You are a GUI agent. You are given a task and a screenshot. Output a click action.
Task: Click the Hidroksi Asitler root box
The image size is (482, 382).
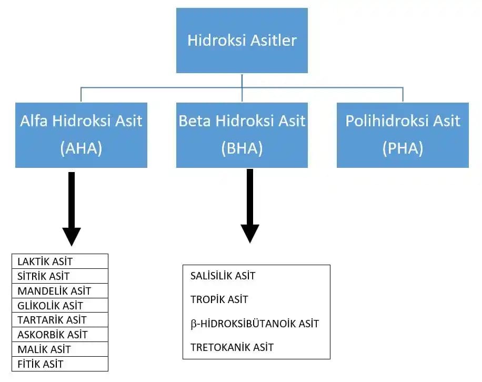pos(242,41)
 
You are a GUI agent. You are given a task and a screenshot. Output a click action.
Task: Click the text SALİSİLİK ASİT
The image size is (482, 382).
pos(223,276)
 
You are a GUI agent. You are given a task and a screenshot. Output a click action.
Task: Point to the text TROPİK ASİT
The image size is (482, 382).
pos(219,300)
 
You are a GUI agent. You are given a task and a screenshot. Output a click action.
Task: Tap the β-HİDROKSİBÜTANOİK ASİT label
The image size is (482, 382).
pos(255,324)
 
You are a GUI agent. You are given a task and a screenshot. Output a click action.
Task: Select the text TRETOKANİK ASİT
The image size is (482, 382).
pos(232,347)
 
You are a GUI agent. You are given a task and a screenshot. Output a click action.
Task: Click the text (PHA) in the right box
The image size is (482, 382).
pos(403,148)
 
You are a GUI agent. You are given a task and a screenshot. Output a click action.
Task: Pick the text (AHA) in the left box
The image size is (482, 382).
pos(81,148)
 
